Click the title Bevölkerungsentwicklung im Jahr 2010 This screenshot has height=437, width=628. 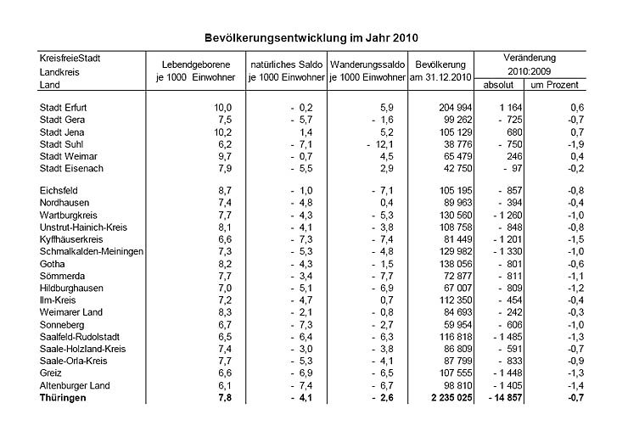(312, 38)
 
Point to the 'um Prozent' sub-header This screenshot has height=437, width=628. (554, 86)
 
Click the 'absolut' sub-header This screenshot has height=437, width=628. (498, 86)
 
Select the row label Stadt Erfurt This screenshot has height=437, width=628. (65, 108)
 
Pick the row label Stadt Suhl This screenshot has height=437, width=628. (62, 144)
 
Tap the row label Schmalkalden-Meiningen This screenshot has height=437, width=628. (92, 252)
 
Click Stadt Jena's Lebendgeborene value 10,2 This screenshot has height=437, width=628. (221, 132)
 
